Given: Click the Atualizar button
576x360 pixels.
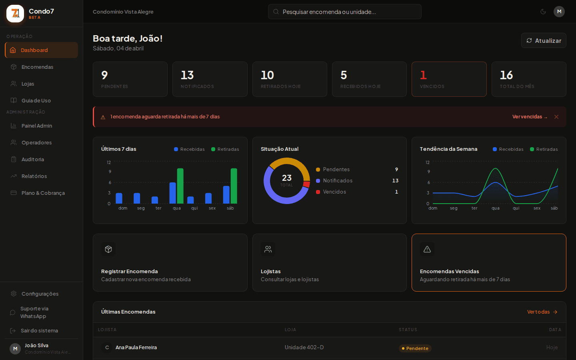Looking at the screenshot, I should [x=544, y=40].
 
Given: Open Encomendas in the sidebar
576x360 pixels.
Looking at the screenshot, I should [x=37, y=67].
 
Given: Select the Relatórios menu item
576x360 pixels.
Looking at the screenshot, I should [x=34, y=176].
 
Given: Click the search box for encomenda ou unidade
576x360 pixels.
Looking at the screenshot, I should [x=344, y=12].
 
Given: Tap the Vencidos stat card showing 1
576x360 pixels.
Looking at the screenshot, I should [x=449, y=79].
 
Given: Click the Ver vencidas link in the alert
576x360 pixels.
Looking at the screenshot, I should [x=529, y=117].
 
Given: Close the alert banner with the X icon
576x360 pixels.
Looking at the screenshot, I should [x=556, y=117].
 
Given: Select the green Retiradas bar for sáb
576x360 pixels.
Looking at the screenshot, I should [x=234, y=186].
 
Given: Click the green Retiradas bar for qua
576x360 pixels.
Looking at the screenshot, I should [x=180, y=186].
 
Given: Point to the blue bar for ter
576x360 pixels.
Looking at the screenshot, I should [x=155, y=200].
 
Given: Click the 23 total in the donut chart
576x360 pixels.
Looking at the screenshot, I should [x=287, y=178].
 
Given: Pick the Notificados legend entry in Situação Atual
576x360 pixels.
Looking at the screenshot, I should [x=338, y=181].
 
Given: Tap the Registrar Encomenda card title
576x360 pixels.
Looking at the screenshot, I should [x=129, y=271].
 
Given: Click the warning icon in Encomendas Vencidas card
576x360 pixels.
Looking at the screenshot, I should [x=427, y=249].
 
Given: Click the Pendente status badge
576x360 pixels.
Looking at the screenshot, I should [x=415, y=348].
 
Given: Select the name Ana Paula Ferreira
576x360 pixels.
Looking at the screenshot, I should [x=136, y=348].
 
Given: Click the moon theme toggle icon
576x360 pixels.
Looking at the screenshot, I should [x=543, y=12].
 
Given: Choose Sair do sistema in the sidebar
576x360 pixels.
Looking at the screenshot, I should [x=39, y=331].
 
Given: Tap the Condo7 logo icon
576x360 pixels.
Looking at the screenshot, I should [x=15, y=14].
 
